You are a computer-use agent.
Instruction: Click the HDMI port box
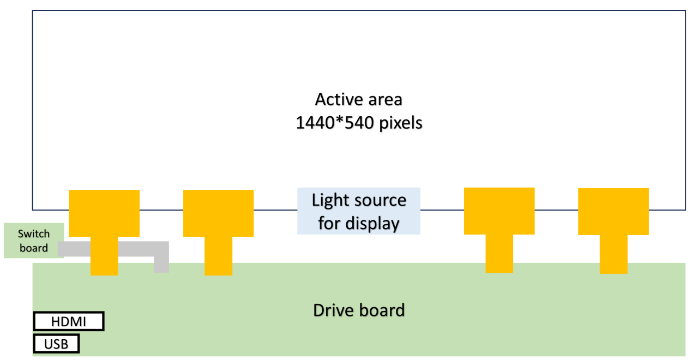[69, 321]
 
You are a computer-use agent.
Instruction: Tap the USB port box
[56, 344]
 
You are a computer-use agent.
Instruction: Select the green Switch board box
[34, 241]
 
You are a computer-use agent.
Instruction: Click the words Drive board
[359, 310]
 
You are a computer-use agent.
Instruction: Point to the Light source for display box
[359, 211]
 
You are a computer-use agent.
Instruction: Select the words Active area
[359, 100]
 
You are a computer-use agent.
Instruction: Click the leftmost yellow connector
[104, 213]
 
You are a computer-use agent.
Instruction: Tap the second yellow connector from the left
[218, 213]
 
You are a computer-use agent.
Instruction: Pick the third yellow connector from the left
[499, 211]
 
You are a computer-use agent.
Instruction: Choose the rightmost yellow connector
[613, 212]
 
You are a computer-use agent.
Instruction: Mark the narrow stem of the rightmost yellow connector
[613, 254]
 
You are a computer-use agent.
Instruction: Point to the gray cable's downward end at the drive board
[161, 266]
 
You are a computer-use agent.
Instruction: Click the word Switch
[34, 234]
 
